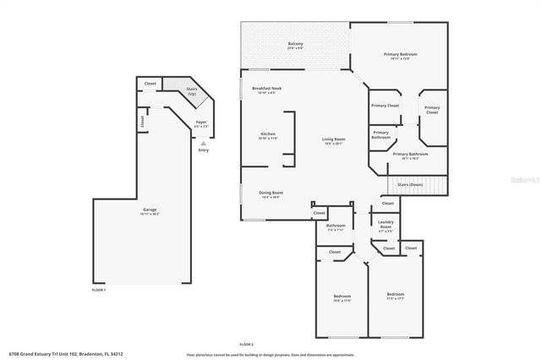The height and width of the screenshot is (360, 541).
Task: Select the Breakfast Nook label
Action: [266, 90]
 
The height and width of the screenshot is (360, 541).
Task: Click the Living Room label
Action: [333, 141]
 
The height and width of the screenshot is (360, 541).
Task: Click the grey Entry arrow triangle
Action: [202, 143]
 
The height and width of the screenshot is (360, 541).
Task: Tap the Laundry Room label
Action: [385, 226]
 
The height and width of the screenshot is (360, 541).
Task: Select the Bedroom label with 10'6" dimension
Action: [342, 297]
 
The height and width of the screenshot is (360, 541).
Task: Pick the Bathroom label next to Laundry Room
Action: [336, 226]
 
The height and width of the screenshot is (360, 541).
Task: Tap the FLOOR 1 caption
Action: [99, 290]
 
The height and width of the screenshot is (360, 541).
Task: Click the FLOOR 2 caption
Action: [246, 344]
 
